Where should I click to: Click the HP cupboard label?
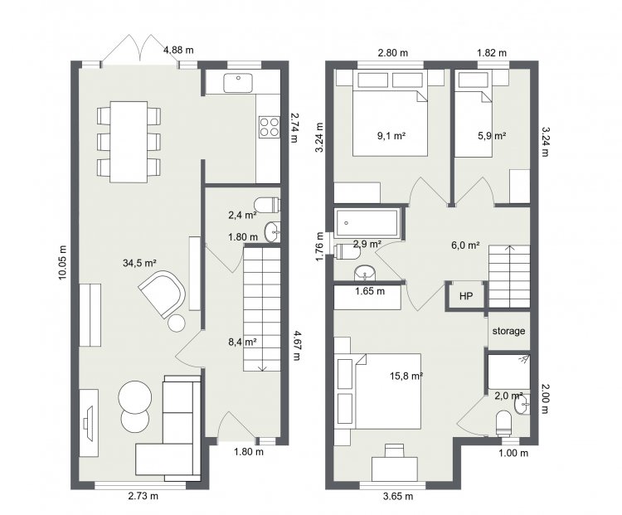(466, 296)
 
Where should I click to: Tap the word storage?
(508, 331)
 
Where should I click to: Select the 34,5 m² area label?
(139, 263)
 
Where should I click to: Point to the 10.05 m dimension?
(63, 263)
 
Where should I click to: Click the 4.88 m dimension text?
(179, 50)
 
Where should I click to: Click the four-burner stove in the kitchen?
(270, 127)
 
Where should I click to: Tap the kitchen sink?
(238, 83)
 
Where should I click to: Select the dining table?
(129, 142)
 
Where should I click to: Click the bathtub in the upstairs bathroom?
(366, 223)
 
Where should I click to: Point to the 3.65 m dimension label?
(398, 496)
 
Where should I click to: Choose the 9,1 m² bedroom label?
(391, 136)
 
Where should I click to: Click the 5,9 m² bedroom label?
(492, 136)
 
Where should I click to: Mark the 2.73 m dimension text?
(143, 496)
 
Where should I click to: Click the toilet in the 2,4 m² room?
(267, 205)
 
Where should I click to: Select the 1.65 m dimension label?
(370, 291)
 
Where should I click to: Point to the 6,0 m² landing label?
(466, 245)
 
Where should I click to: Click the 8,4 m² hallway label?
(242, 341)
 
